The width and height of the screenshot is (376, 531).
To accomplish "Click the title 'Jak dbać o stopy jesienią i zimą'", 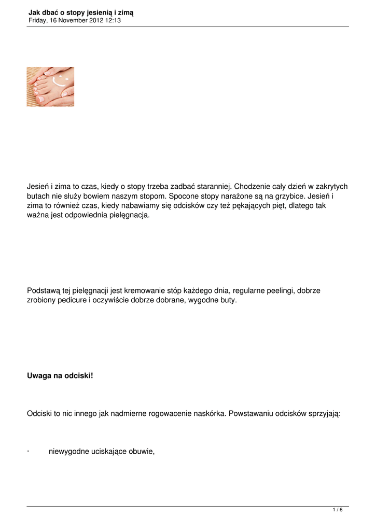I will [81, 12].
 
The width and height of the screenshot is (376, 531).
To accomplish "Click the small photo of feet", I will [50, 87].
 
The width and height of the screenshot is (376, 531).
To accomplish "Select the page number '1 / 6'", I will [337, 510].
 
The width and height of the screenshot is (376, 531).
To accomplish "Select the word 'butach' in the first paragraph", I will [38, 197].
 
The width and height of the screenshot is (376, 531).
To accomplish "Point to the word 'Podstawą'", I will [44, 291].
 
